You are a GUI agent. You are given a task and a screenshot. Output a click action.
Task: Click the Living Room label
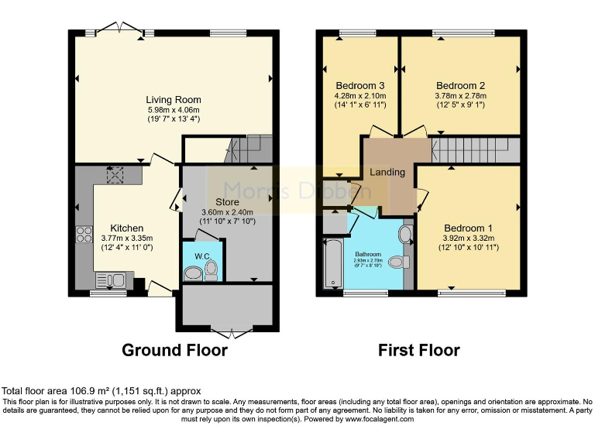[174, 100]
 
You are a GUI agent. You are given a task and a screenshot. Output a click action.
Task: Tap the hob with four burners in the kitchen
[84, 235]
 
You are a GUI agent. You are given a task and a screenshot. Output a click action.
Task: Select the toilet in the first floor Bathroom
[397, 262]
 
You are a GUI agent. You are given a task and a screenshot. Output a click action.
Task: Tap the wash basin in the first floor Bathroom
[405, 234]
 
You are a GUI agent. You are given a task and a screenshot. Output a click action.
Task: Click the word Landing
[387, 172]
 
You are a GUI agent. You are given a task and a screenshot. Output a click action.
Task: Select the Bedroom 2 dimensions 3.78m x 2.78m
[460, 96]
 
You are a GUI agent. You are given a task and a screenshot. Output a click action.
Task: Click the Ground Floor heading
[174, 350]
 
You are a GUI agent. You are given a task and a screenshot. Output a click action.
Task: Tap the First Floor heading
[418, 350]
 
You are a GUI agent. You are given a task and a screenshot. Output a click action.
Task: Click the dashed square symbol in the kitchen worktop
[118, 176]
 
